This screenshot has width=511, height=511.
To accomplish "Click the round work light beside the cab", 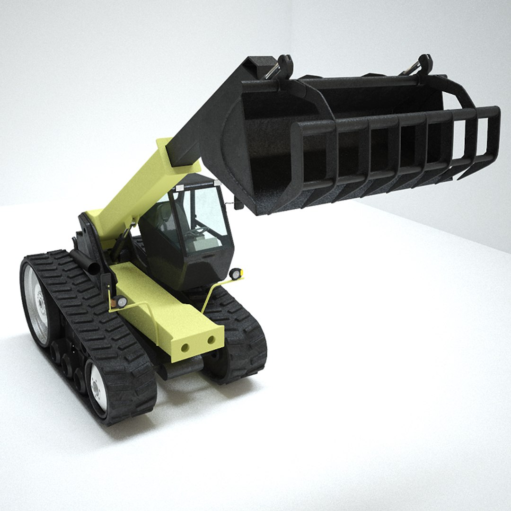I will [235, 274].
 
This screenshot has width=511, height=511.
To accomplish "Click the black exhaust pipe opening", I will [94, 268].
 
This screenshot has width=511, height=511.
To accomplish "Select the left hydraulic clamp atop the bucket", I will [283, 66].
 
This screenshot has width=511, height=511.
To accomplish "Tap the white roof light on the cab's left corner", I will [179, 188].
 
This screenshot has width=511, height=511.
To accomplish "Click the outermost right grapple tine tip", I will [492, 142].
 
